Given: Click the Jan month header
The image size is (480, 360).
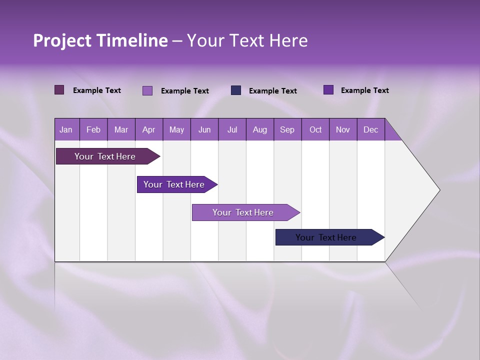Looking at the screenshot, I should [x=66, y=129].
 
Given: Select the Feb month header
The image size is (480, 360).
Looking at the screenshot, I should [x=93, y=129].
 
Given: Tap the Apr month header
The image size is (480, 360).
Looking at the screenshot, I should [x=148, y=129].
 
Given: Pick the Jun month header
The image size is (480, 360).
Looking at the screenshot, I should [x=204, y=129].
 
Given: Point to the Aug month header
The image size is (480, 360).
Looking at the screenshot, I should [x=259, y=129].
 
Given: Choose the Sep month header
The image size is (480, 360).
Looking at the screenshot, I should [x=287, y=129].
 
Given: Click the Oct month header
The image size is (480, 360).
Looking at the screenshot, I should [x=315, y=129].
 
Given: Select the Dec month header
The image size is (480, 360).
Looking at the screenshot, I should [x=370, y=129].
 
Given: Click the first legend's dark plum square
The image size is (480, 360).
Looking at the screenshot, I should [x=59, y=90].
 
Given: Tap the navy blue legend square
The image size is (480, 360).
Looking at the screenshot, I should [x=236, y=90].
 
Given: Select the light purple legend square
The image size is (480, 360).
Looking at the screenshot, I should [x=147, y=90].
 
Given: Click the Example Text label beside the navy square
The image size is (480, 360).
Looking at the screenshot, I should [x=272, y=91].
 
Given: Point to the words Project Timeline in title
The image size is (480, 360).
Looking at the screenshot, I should [x=100, y=40].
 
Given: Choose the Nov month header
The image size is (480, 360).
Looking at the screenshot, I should [x=343, y=129].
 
